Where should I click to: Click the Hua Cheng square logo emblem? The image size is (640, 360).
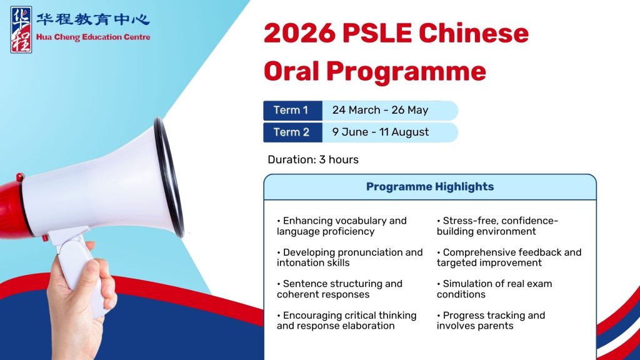point(21,30)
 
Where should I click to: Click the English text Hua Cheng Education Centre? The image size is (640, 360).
point(93,37)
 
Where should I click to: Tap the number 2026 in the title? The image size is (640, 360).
point(300,33)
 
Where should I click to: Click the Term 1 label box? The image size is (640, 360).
point(292,110)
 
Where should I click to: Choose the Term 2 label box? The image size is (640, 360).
point(292,132)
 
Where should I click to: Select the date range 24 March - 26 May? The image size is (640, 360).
point(380,110)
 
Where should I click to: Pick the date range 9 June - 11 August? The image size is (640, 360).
point(381,132)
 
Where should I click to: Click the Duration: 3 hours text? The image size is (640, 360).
point(313,159)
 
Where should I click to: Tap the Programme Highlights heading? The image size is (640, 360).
point(430,187)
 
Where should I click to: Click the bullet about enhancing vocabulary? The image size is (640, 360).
point(342,226)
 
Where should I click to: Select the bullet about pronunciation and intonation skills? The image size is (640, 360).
point(350,257)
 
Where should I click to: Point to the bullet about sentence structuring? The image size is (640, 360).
point(339,289)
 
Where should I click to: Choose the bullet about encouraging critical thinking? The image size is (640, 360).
point(346,321)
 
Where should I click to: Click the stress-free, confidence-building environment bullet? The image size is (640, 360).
point(497,226)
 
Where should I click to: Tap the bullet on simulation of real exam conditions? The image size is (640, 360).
point(494,289)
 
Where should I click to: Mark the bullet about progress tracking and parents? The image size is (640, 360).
point(491,321)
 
